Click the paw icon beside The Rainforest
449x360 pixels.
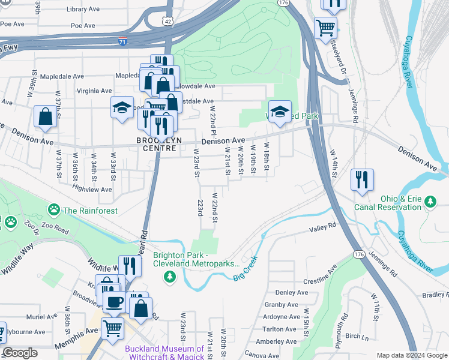[54, 210]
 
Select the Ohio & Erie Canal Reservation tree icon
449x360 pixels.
[430, 202]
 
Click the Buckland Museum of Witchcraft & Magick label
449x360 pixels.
[164, 353]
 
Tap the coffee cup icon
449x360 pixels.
[114, 301]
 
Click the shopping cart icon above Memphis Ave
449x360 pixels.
[112, 328]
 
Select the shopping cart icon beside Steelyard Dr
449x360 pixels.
[325, 26]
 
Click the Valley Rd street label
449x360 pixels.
[322, 227]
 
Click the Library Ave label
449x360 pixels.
[83, 10]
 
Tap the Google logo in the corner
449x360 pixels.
[20, 353]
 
